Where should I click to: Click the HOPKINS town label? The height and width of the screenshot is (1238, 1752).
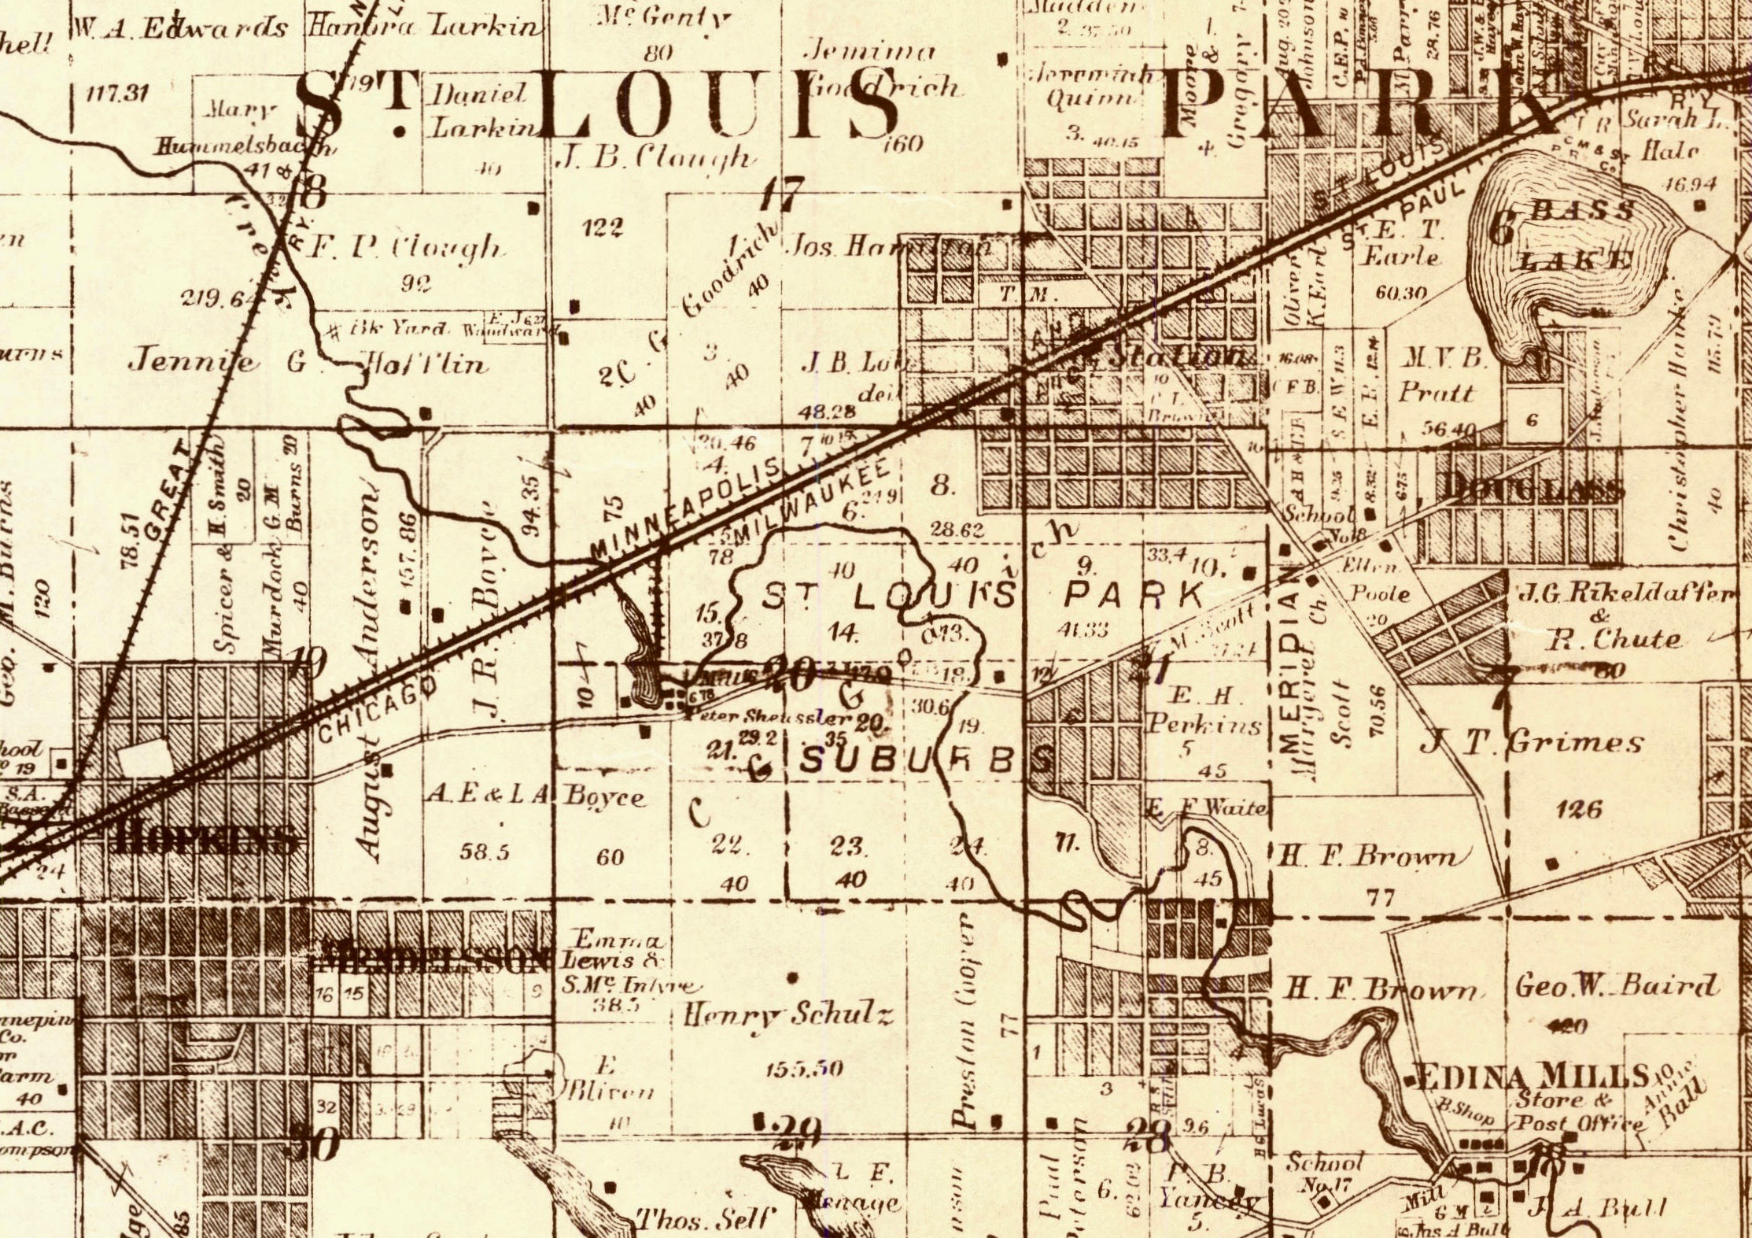(x=207, y=841)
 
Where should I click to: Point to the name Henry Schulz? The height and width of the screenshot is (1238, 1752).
(x=787, y=1016)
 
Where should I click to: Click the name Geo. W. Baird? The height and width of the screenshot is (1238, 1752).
(x=1616, y=987)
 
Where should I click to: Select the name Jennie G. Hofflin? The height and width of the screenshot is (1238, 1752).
(x=307, y=363)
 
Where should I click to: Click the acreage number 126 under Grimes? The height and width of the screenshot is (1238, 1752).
(x=1578, y=809)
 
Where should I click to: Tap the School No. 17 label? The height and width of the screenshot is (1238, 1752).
(x=1322, y=1173)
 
